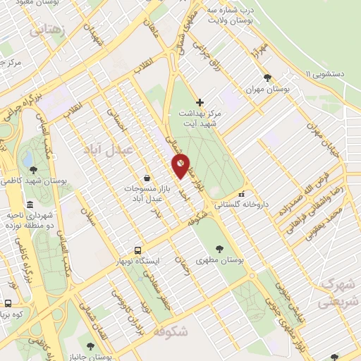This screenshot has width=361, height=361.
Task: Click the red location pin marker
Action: [181, 166]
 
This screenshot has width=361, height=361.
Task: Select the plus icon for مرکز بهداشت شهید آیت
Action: [200, 102]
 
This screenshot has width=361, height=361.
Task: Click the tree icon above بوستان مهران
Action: [266, 78]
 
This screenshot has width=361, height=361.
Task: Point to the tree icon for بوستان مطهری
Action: [220, 248]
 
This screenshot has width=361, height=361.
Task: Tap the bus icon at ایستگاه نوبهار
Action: [138, 250]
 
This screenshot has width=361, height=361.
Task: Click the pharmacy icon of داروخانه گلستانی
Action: [242, 194]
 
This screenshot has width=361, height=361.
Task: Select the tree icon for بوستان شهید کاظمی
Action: [33, 169]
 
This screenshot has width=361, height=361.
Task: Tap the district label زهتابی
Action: [47, 30]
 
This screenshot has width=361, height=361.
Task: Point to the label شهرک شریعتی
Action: [339, 292]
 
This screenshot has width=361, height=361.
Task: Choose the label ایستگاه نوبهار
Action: [138, 260]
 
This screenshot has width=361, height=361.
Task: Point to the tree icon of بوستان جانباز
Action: [90, 345]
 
